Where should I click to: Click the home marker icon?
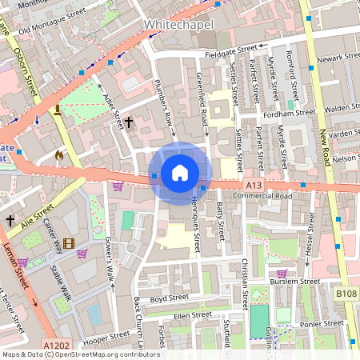[180, 173]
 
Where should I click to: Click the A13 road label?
[254, 186]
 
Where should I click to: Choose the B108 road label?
[346, 294]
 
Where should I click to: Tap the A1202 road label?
[57, 345]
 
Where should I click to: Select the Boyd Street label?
[169, 297]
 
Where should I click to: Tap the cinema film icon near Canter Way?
[70, 243]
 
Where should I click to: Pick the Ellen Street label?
[192, 314]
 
